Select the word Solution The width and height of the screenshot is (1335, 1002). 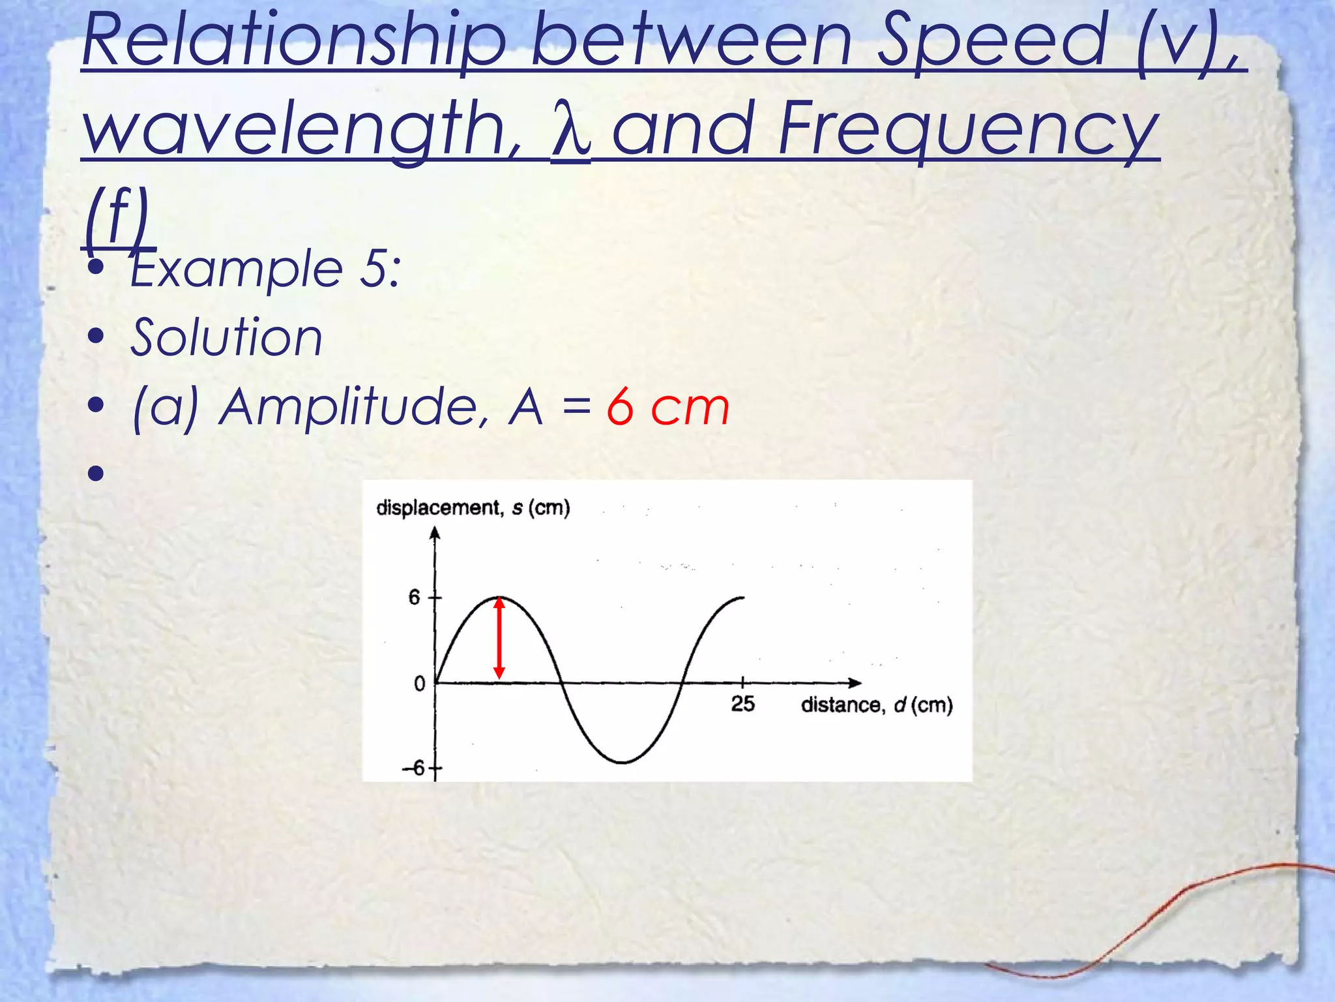point(226,337)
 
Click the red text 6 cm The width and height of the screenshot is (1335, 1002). point(667,408)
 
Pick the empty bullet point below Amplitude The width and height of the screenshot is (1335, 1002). point(96,472)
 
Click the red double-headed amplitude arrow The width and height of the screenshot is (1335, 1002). point(499,638)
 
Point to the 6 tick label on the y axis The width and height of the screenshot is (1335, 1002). point(415,597)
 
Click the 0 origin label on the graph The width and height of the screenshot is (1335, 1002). point(419,684)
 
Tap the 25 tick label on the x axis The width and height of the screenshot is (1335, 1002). point(742,704)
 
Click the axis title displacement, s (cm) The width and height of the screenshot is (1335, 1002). point(473,508)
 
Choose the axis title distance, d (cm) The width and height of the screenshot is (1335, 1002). point(877,705)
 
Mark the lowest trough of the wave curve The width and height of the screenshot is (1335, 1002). point(623,762)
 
